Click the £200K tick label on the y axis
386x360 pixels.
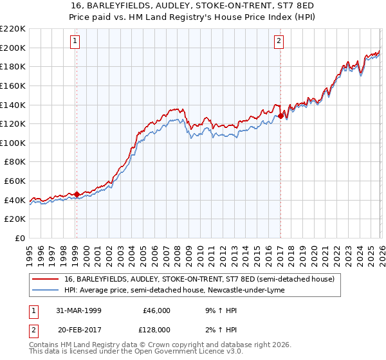(x=13, y=48)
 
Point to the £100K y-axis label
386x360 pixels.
(x=13, y=143)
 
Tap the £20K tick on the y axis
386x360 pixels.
(x=15, y=219)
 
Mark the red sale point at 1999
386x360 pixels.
(x=77, y=194)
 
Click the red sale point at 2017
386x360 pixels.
(x=280, y=116)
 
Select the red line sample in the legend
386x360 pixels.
(x=46, y=280)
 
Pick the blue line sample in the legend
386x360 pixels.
(x=46, y=291)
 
